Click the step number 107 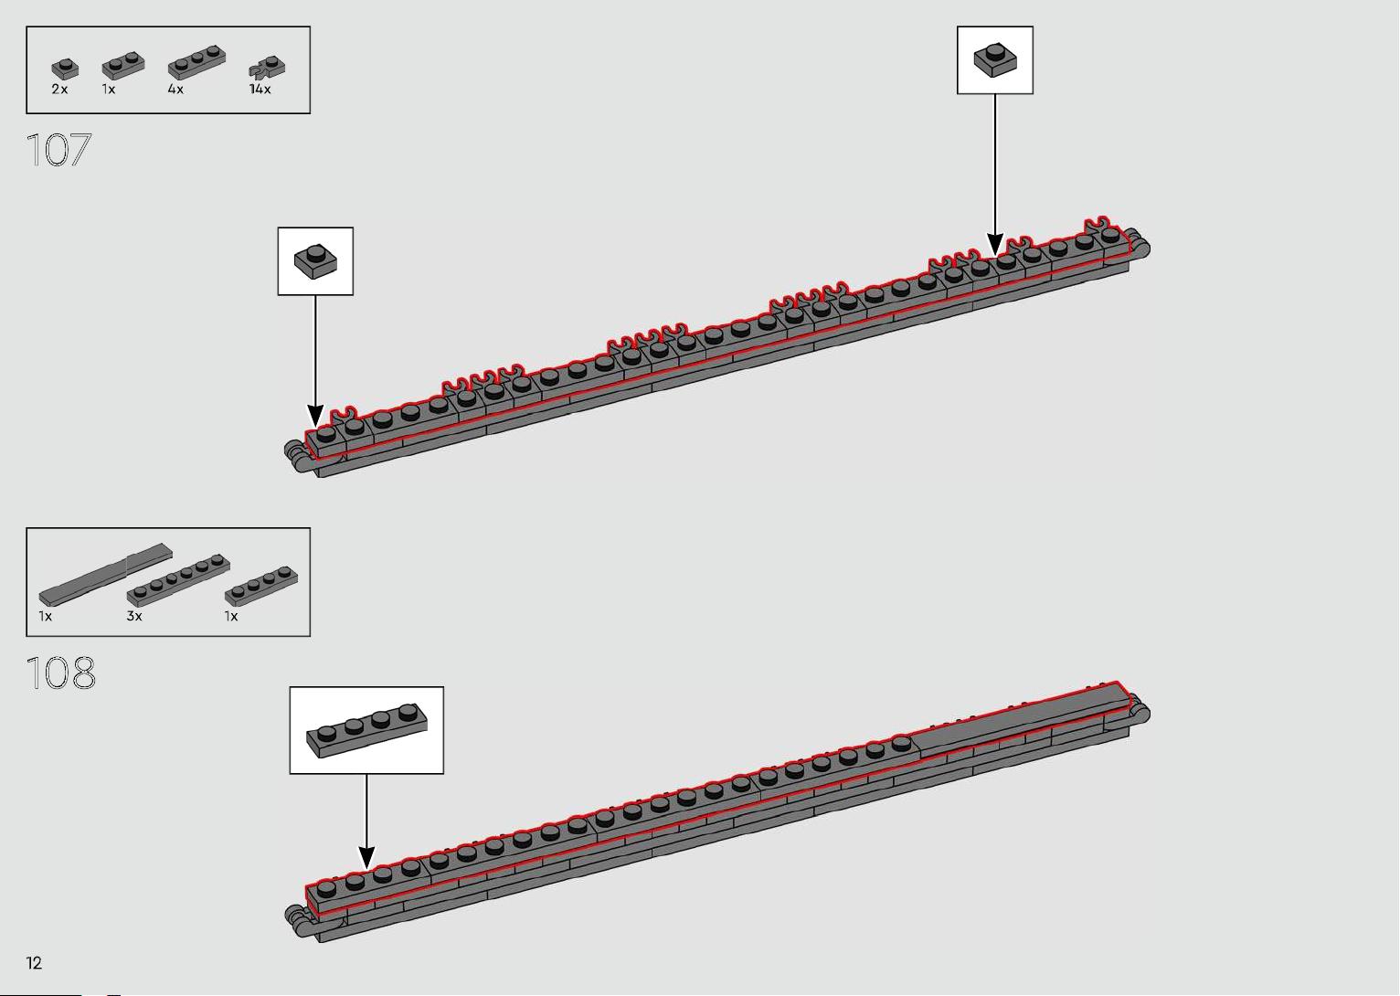(x=58, y=150)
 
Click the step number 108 (x=60, y=673)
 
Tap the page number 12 (x=34, y=963)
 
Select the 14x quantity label (x=260, y=90)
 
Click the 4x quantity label (x=175, y=90)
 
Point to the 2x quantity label (x=59, y=90)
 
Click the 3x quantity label (x=134, y=616)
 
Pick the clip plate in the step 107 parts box (x=267, y=69)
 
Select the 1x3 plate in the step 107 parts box (x=196, y=62)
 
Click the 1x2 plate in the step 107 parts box (x=123, y=65)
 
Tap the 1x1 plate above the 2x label (x=65, y=69)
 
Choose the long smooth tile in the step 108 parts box (x=105, y=575)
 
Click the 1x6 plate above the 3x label (x=178, y=580)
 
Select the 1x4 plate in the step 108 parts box (x=261, y=586)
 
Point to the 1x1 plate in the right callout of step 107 (x=995, y=60)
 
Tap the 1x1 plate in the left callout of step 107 (x=315, y=261)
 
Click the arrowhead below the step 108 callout (x=366, y=857)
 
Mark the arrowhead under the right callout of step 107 (x=995, y=244)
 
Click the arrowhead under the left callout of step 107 (x=315, y=416)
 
